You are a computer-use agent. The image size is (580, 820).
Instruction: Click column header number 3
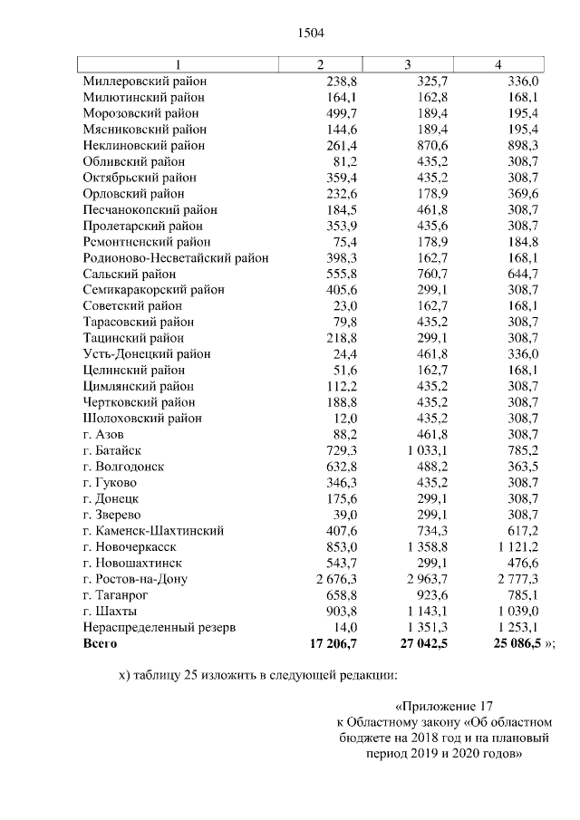(408, 63)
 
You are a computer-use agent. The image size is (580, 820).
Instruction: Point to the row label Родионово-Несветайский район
(175, 257)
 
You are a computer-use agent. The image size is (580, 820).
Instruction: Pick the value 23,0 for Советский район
(345, 306)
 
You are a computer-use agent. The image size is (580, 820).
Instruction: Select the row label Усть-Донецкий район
(142, 354)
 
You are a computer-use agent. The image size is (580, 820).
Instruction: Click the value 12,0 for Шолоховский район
(345, 419)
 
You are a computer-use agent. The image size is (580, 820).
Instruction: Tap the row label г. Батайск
(111, 450)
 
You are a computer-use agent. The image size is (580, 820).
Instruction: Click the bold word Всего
(100, 643)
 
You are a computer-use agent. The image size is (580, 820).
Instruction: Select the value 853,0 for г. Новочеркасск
(342, 547)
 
